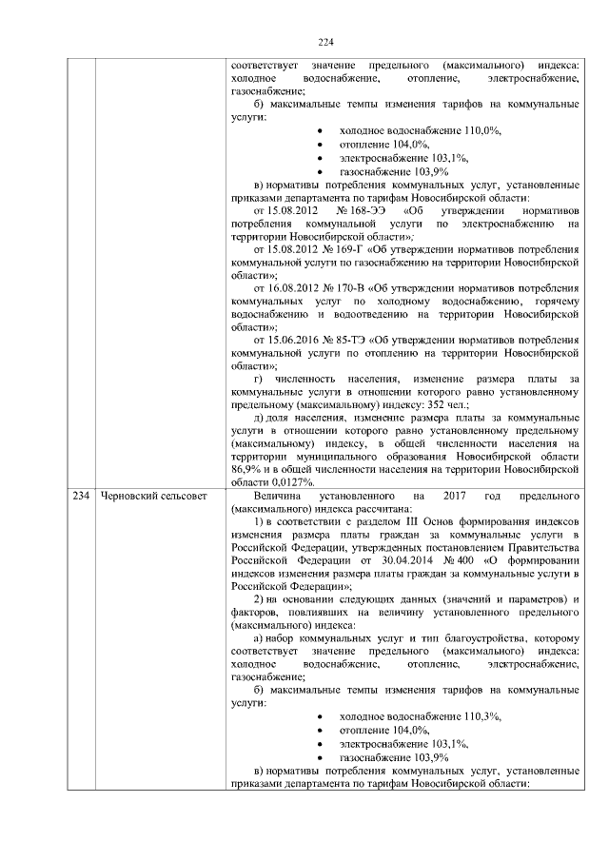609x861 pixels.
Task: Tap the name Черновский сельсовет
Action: pyautogui.click(x=147, y=498)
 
